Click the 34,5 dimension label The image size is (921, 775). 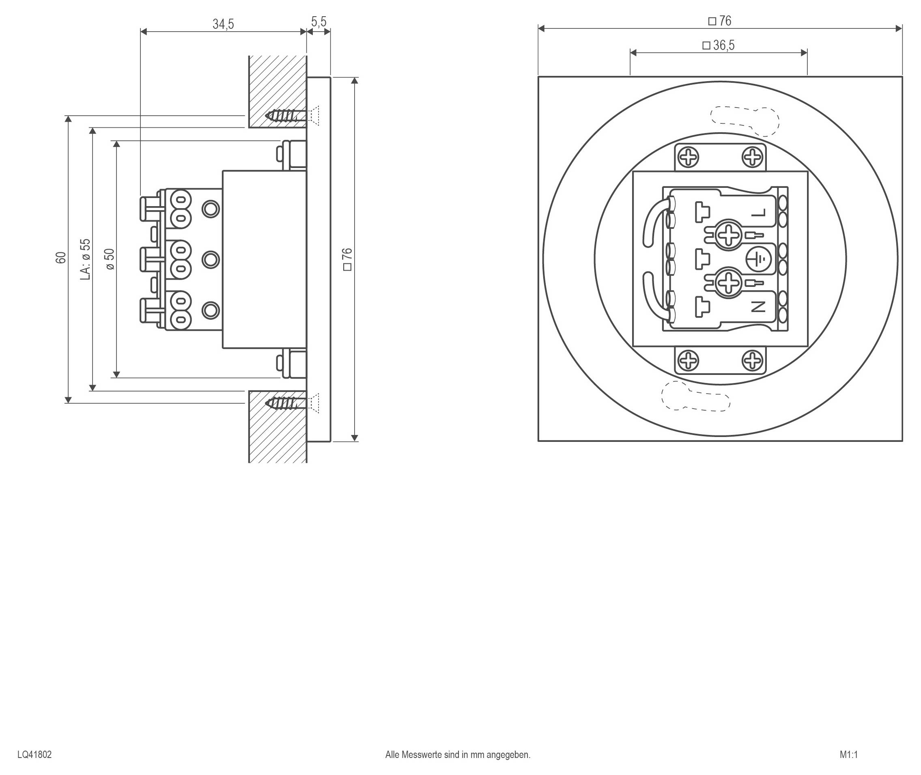[223, 24]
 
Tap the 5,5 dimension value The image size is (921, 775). [319, 22]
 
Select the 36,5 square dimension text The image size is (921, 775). [719, 45]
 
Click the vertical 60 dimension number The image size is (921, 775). [61, 258]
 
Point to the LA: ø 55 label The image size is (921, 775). [86, 259]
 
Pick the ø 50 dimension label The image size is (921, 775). [110, 259]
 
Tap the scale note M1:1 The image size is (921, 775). [848, 754]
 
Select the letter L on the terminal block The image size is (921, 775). [758, 213]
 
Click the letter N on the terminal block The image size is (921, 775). [758, 307]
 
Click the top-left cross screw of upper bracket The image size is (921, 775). [688, 157]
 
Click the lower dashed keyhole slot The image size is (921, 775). [695, 397]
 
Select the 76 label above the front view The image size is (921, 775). [720, 21]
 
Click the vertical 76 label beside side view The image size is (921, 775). [347, 259]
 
